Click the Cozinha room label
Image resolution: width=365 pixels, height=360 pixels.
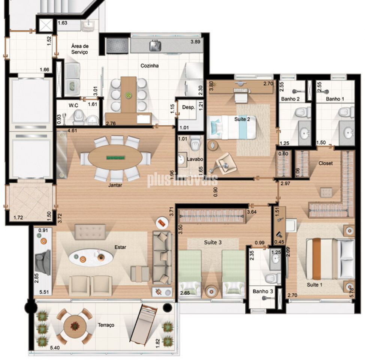coord(150,66)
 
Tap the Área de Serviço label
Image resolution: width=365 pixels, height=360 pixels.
coord(79,49)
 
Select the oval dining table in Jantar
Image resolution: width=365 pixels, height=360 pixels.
coord(115,157)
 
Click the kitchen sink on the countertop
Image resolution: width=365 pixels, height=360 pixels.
coord(155,45)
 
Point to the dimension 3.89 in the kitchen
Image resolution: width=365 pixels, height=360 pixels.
coord(195,42)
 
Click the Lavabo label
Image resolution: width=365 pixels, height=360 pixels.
coord(195,159)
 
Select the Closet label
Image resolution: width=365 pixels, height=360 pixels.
coord(325,163)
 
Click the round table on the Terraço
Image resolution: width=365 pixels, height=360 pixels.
coord(75,326)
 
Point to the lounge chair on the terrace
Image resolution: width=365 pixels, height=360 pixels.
coord(143,325)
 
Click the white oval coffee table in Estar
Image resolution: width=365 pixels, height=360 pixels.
coord(91,258)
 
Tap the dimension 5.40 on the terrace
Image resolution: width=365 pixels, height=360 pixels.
coord(55,348)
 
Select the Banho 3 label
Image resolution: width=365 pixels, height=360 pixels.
coord(263,291)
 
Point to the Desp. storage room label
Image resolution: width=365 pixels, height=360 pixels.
coord(188,107)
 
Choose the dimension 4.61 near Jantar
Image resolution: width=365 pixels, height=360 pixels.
coord(72,131)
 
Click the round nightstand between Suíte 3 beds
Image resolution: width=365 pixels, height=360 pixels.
coord(211,291)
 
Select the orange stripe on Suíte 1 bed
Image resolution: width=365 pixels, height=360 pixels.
coord(316,259)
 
